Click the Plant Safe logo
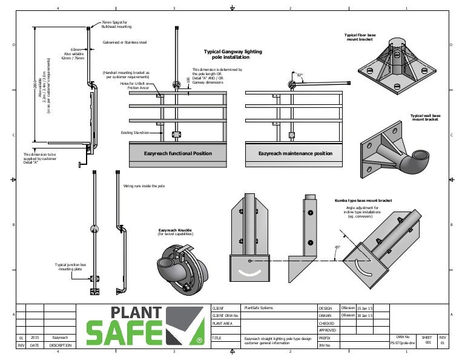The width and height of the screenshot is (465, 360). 145,324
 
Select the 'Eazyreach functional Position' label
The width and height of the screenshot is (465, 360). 178,153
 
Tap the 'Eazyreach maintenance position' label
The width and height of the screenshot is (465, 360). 295,153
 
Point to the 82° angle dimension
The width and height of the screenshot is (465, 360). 300,75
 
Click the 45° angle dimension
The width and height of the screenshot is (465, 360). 337,247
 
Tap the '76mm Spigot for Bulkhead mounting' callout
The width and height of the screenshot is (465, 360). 116,24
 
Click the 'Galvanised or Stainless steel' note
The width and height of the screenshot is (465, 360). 125,42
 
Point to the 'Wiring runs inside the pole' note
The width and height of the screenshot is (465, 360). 143,186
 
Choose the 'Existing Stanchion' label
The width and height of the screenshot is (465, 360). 135,132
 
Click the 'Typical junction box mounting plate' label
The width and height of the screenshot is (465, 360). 70,267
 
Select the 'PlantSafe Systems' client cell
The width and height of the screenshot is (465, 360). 259,308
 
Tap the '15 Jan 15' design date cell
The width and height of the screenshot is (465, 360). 366,308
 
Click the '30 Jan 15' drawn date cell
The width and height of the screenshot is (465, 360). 366,315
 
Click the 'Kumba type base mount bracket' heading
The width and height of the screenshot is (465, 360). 363,200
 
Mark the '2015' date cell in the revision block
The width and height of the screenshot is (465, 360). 35,336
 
